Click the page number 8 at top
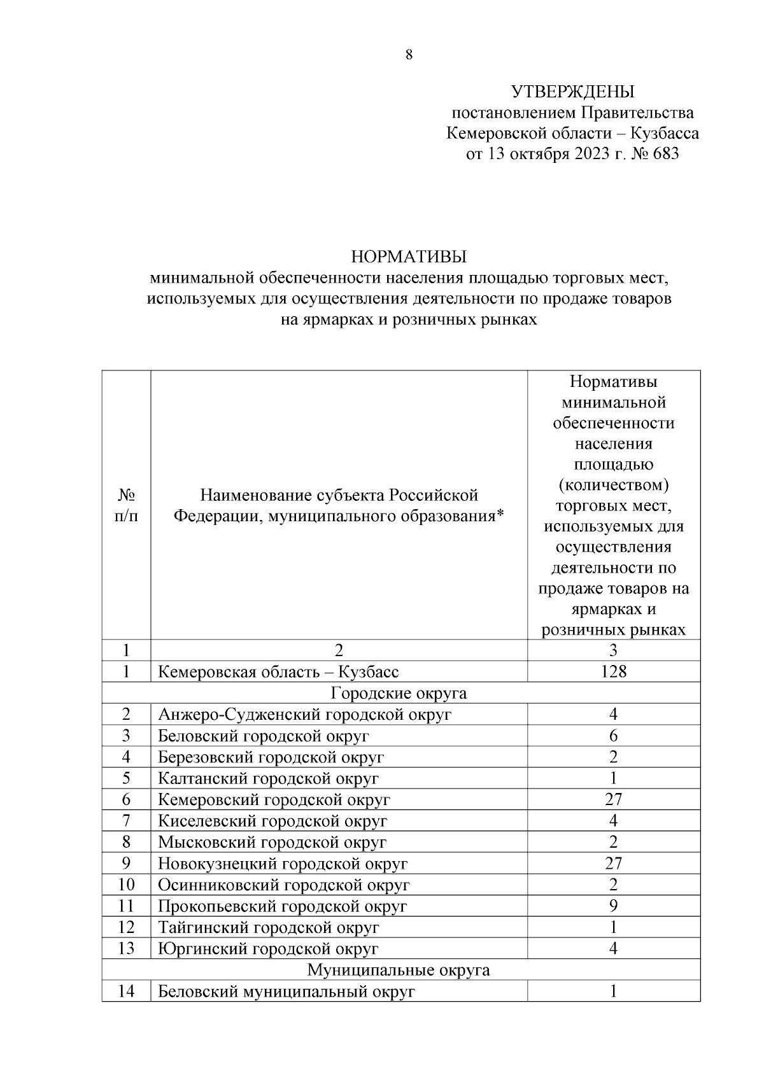[x=409, y=55]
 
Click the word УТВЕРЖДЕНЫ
[x=572, y=93]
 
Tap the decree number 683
[x=665, y=154]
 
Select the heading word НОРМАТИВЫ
[x=409, y=257]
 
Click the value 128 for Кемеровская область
[x=613, y=671]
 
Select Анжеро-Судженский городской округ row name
[x=304, y=715]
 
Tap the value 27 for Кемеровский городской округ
[x=613, y=799]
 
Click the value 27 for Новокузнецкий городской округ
[x=613, y=864]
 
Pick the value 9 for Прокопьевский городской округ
[x=613, y=906]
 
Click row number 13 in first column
[x=126, y=949]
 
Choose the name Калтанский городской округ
[x=268, y=778]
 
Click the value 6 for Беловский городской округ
[x=613, y=736]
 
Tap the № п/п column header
[x=126, y=505]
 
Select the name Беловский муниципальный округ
[x=286, y=992]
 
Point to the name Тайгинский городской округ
[x=268, y=927]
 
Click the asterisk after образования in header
[x=500, y=514]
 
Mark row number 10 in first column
[x=126, y=885]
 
